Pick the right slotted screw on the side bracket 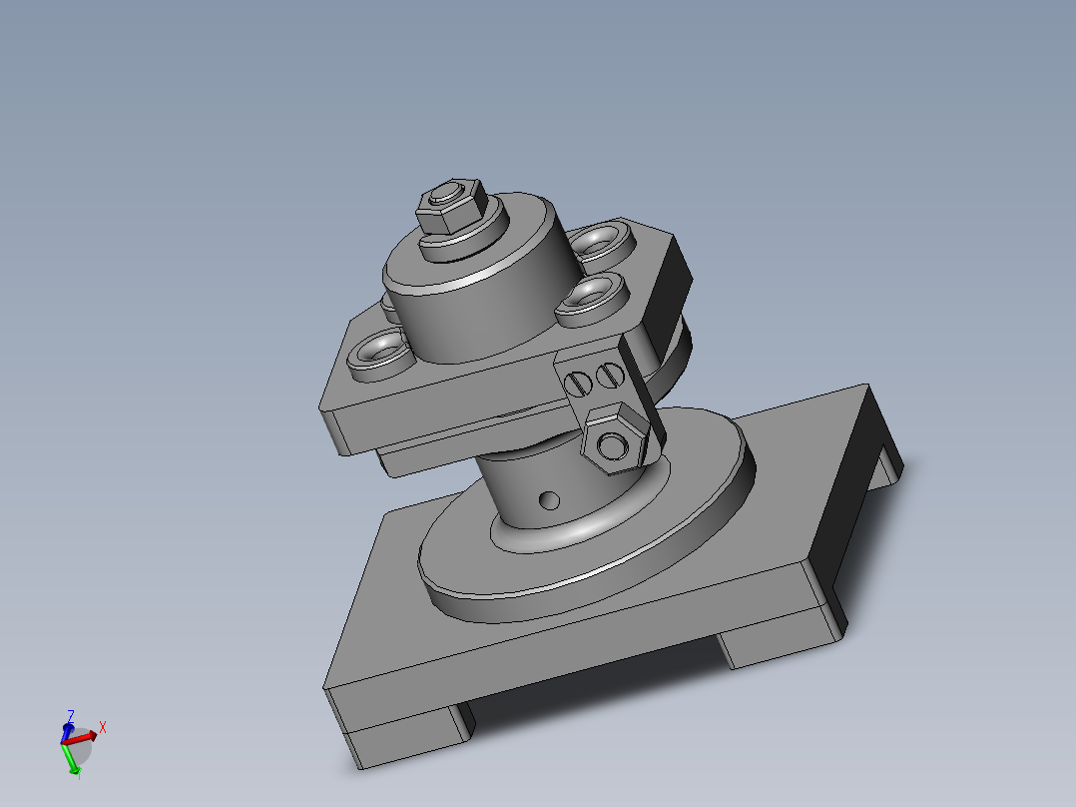coord(610,376)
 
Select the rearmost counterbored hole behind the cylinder coord(599,241)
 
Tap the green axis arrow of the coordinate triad coord(73,761)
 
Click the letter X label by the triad coord(102,727)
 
